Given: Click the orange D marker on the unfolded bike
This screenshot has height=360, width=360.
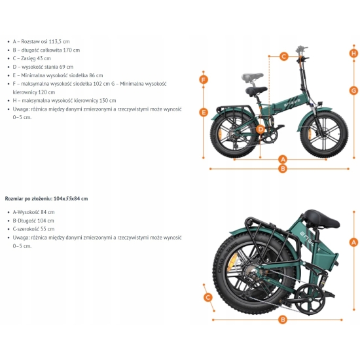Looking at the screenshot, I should (x=261, y=129).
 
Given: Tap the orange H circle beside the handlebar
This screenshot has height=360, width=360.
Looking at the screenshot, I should (x=353, y=53).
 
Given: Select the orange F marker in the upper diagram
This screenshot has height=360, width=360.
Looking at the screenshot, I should (x=204, y=80).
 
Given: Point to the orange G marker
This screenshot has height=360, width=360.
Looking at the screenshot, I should (x=353, y=90).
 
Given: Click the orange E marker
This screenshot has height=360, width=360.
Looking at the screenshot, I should (x=204, y=113).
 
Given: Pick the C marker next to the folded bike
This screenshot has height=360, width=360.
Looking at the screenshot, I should (x=208, y=297).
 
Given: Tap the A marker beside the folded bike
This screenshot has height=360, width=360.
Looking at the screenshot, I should (x=353, y=242).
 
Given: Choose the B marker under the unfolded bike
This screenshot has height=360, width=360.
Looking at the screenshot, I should (x=283, y=168).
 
